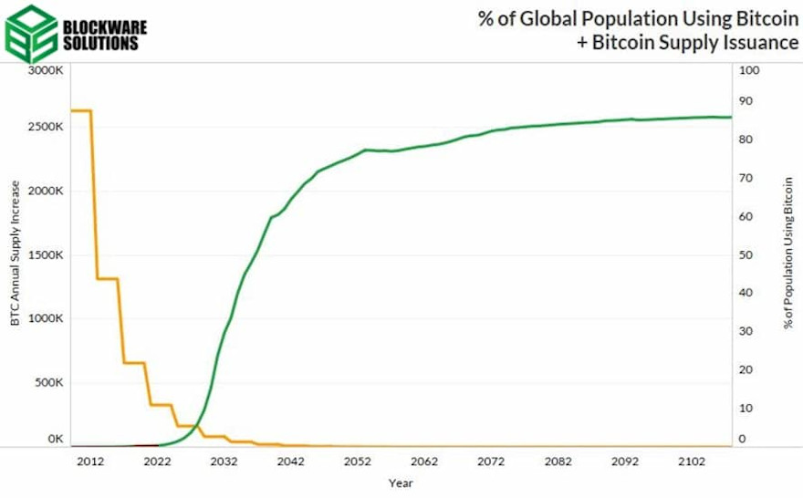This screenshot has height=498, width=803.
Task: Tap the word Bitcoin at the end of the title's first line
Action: coord(766,19)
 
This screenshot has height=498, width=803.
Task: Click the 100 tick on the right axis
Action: coord(747,71)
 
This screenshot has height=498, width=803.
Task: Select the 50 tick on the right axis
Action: coord(745,254)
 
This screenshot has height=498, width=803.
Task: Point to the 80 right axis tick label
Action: coord(745,140)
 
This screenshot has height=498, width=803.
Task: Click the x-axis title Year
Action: coord(400,483)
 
